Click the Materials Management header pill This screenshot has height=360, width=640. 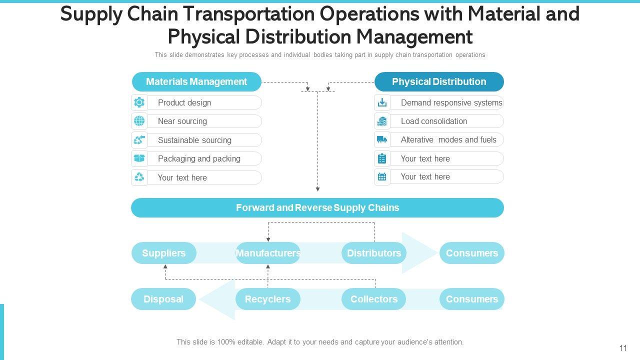pos(196,81)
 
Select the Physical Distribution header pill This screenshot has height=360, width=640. pos(439,81)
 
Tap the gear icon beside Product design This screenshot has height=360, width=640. pos(139,102)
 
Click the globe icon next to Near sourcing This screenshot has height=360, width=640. pos(139,121)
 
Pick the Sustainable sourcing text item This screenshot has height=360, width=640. pos(194,140)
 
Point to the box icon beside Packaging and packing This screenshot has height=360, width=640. pos(139,158)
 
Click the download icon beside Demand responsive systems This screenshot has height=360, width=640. pos(382,102)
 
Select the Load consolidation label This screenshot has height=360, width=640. pos(433,121)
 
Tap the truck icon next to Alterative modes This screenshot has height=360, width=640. pos(382,139)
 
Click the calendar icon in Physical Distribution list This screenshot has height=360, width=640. pos(382,176)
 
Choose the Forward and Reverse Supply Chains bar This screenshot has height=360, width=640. pos(317,207)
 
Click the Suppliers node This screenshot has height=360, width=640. pos(163,253)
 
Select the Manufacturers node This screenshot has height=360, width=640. pos(268,253)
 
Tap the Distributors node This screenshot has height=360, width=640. pos(374,253)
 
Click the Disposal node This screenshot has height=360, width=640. pos(163,299)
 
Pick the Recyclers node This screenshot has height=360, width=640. pos(268,299)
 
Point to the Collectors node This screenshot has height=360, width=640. pos(374,299)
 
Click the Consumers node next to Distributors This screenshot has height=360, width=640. pos(471,253)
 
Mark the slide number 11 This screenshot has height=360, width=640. pos(623,348)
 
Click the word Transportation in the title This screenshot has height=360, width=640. pos(250,14)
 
